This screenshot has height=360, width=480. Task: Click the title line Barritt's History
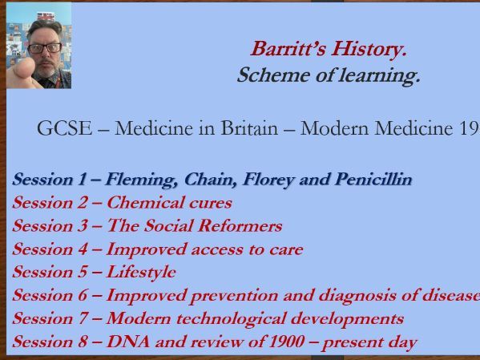(329, 49)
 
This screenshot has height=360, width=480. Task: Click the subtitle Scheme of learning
(328, 76)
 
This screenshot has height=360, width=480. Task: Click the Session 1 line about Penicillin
(212, 179)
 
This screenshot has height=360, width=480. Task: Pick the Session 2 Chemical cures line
(122, 202)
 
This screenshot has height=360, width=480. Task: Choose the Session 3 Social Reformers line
(147, 225)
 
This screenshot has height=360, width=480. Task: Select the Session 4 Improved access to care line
(158, 249)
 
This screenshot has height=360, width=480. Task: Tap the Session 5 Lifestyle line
(94, 272)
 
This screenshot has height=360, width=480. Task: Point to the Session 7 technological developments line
(208, 318)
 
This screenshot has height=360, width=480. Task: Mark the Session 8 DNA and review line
(214, 342)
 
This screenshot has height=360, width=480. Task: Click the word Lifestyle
(141, 272)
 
